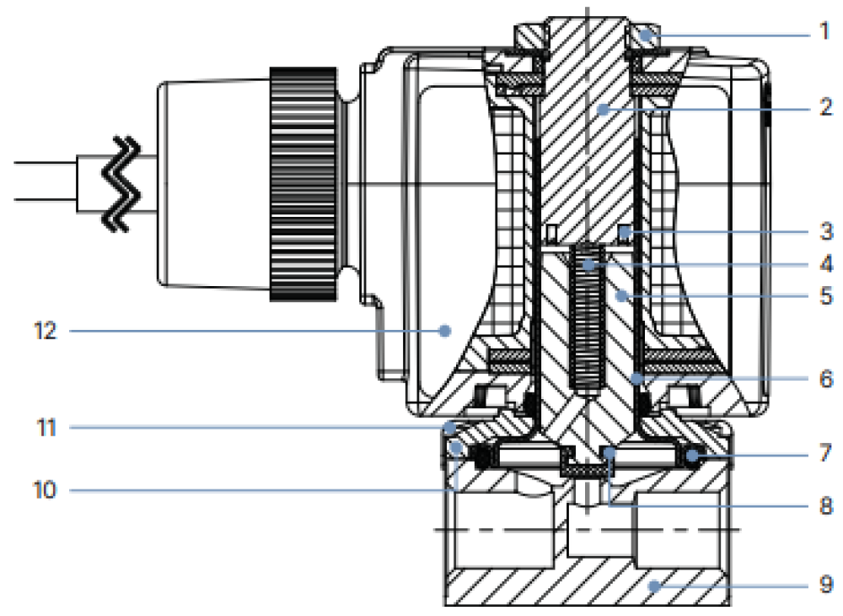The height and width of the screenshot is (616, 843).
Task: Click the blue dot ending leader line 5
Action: pyautogui.click(x=620, y=296)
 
